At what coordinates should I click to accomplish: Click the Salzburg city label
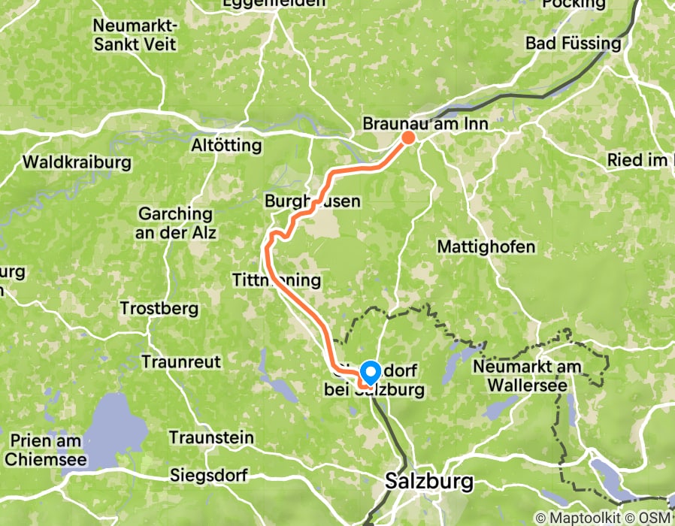click(429, 482)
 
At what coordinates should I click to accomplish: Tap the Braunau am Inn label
click(425, 123)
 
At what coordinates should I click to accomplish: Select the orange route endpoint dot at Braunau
click(408, 137)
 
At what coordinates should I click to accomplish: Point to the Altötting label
click(226, 145)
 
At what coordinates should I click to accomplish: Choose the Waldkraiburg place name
click(77, 162)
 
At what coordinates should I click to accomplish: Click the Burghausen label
click(313, 201)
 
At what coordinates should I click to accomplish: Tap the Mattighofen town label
click(486, 246)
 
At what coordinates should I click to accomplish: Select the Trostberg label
click(159, 308)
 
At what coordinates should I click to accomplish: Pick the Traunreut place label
click(183, 361)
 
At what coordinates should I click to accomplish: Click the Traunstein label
click(211, 437)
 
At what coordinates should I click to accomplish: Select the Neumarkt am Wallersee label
click(524, 376)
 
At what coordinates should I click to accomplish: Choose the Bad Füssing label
click(574, 43)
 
